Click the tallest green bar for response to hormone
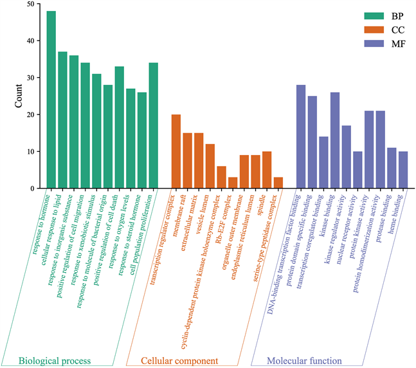(51, 100)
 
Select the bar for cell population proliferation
(154, 125)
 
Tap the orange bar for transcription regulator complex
(176, 151)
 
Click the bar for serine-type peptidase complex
(278, 183)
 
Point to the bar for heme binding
(403, 170)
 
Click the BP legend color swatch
(356, 15)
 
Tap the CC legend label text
(388, 30)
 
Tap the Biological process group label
(55, 360)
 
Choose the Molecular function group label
(303, 360)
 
